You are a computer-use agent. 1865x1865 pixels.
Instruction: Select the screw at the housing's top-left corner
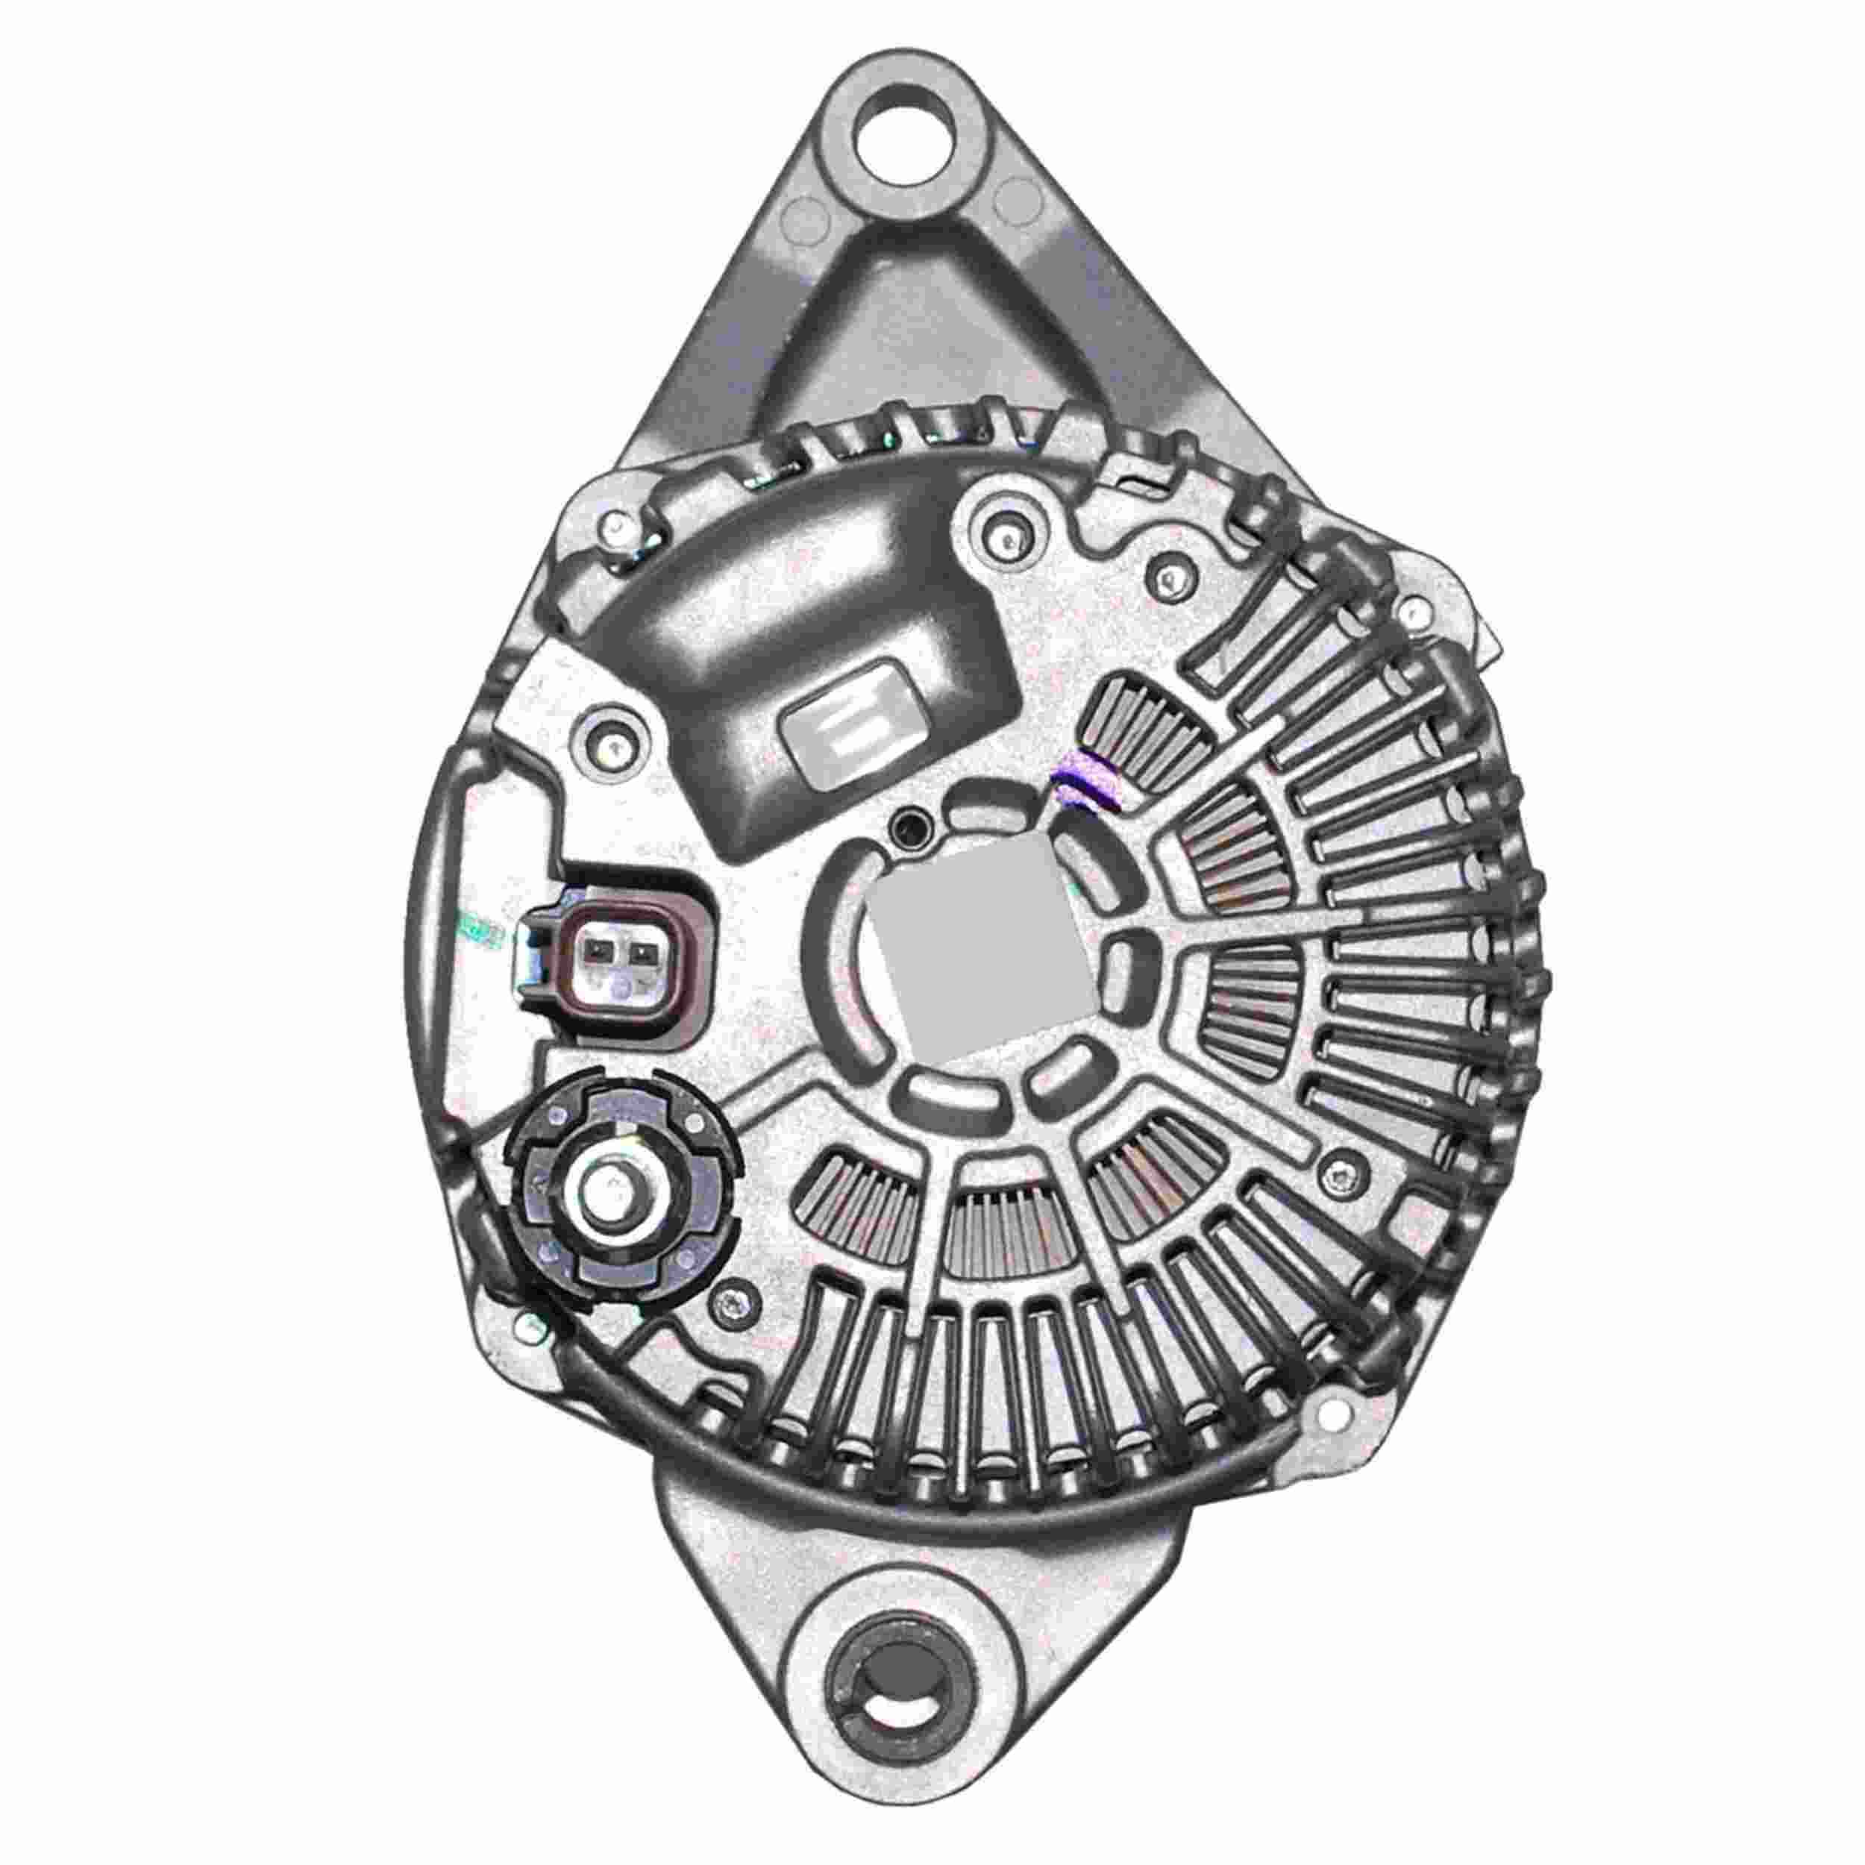pyautogui.click(x=616, y=533)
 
